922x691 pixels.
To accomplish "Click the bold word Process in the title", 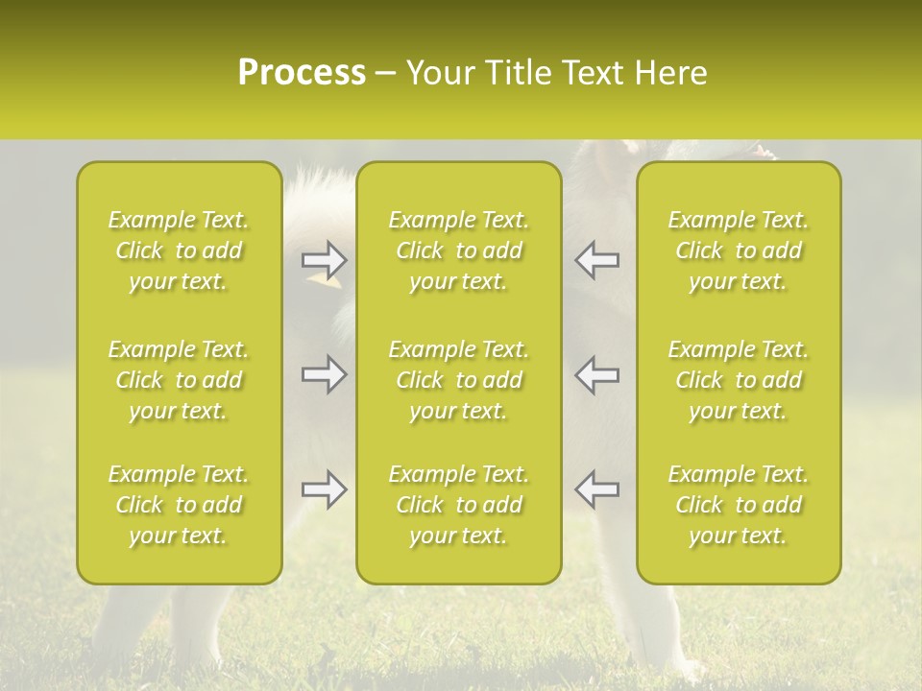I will click(302, 73).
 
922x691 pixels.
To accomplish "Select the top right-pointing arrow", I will click(324, 259).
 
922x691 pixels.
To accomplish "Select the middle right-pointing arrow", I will click(324, 374).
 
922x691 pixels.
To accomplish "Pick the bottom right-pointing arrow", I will click(324, 489).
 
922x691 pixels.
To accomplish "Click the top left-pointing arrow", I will click(596, 259).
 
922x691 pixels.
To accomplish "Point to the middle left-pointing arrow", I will click(596, 374).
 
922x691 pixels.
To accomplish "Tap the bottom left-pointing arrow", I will click(596, 489).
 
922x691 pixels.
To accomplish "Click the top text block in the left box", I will click(179, 250).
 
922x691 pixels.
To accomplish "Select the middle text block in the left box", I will click(179, 380).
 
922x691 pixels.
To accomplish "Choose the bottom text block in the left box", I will click(179, 505).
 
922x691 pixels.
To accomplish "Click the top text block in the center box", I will click(459, 250).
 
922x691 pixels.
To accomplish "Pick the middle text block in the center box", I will click(459, 380).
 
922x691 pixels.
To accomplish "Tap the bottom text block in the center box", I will click(459, 505).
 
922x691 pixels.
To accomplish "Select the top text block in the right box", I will click(739, 250).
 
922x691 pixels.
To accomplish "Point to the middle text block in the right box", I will click(739, 380).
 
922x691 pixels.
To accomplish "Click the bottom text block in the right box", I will click(739, 505).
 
